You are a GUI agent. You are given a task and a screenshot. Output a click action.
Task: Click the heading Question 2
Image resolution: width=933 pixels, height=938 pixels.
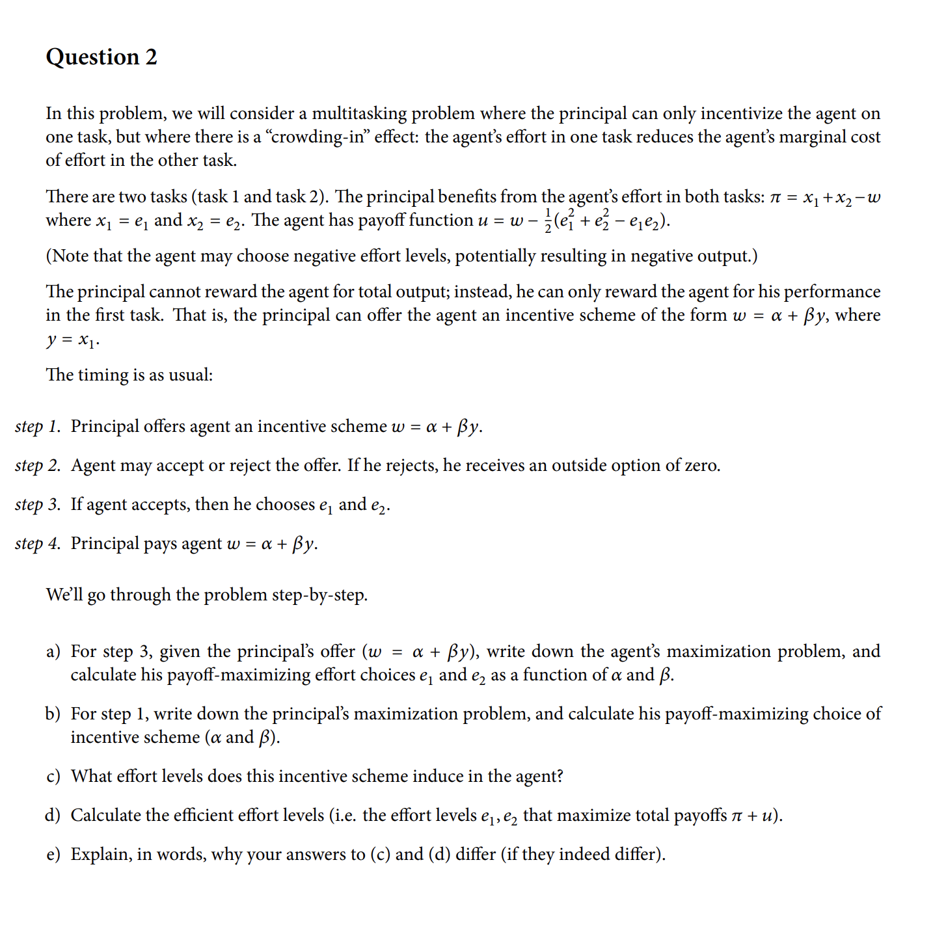101,57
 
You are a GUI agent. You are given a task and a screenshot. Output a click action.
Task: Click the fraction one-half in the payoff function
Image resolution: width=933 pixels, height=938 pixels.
547,221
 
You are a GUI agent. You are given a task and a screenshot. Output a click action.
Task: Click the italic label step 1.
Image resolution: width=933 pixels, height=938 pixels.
37,427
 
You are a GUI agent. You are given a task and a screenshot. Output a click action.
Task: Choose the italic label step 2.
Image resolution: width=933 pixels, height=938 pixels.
37,466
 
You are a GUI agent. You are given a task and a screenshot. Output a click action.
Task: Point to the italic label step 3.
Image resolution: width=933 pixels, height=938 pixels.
37,505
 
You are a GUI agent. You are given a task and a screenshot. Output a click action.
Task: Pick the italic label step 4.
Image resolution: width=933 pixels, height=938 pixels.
37,544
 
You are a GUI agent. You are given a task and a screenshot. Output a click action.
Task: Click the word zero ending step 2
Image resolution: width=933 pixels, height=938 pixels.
699,466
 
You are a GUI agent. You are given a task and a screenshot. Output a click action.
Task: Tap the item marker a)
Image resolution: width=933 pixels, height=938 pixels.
53,652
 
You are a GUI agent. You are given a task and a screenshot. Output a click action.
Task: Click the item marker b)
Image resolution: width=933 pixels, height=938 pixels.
53,714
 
